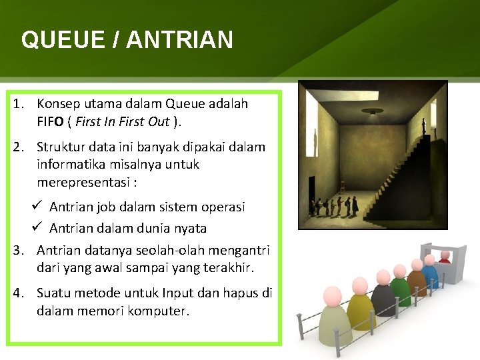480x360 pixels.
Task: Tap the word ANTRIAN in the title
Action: [179, 40]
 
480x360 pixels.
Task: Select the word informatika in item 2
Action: [69, 163]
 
